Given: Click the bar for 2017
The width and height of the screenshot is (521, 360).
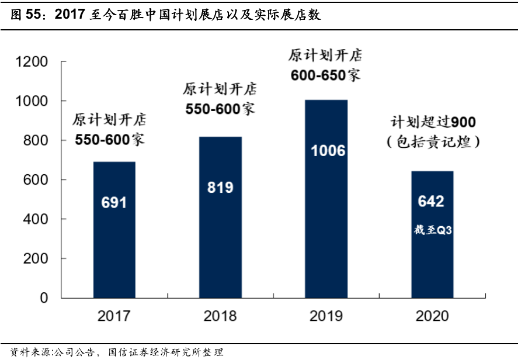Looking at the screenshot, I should [x=114, y=230].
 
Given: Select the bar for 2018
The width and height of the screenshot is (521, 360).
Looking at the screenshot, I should [x=220, y=217].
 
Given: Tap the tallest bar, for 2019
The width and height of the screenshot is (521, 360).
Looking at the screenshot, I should [x=327, y=199].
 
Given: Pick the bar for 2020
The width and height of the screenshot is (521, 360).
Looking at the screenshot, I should [x=432, y=234].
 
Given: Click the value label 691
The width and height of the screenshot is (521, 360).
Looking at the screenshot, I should [x=114, y=203].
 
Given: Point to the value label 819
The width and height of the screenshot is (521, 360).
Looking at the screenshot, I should [x=220, y=187].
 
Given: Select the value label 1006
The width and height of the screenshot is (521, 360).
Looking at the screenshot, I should [x=328, y=151].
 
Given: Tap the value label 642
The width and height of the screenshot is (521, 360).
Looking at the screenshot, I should [x=432, y=202].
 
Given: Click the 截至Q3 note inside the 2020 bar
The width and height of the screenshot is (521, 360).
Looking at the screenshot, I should [x=433, y=230].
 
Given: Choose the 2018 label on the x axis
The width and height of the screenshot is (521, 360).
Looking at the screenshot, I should [x=220, y=316].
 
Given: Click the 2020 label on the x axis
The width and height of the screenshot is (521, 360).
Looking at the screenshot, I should [x=432, y=316].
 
